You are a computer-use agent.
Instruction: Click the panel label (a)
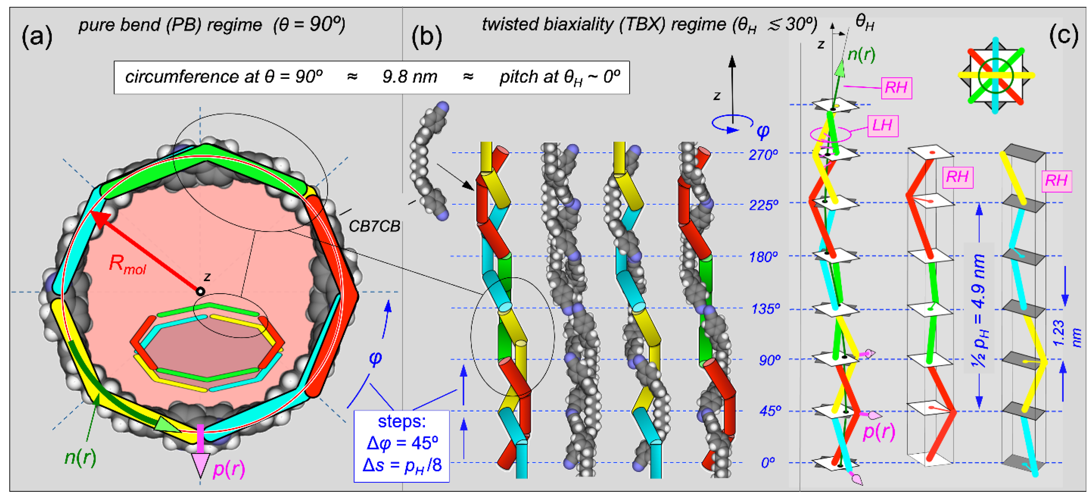point(37,37)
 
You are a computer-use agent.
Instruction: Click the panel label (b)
point(427,37)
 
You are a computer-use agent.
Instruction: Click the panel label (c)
point(1063,36)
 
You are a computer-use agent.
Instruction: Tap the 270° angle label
point(763,155)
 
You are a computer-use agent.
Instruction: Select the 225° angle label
point(763,205)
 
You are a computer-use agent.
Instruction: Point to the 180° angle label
point(763,257)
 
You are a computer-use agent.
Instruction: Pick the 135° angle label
point(765,309)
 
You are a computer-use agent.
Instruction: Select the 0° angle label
point(768,462)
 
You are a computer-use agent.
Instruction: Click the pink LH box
point(882,125)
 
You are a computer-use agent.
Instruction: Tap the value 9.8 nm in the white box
point(410,77)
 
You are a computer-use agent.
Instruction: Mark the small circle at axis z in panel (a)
point(200,291)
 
